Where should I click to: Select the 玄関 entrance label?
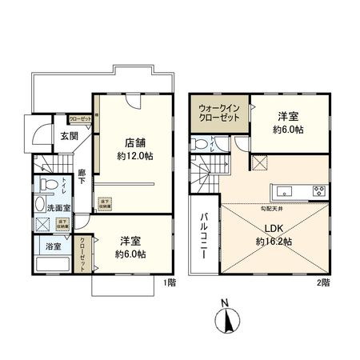pos(68,136)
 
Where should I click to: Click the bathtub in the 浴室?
pos(54,266)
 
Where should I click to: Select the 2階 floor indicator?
pos(323,282)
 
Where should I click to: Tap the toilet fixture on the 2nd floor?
pos(200,145)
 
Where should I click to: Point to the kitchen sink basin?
pos(286,190)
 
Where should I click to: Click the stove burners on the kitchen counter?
pos(318,190)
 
